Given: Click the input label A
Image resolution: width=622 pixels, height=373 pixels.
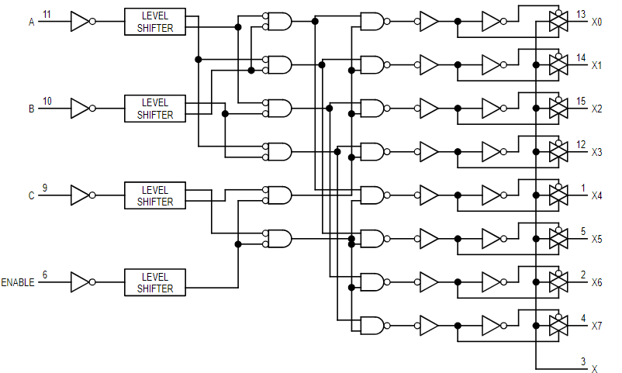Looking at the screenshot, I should pyautogui.click(x=32, y=22).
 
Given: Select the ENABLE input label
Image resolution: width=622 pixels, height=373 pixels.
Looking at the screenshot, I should pyautogui.click(x=17, y=282).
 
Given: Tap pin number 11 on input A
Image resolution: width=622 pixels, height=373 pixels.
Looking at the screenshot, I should pyautogui.click(x=47, y=14).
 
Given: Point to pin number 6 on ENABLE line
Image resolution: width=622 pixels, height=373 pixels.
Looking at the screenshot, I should pyautogui.click(x=44, y=275).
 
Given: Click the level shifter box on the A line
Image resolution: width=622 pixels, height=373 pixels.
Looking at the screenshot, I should pyautogui.click(x=154, y=22).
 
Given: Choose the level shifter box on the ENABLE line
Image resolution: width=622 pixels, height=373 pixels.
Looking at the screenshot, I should pyautogui.click(x=154, y=282).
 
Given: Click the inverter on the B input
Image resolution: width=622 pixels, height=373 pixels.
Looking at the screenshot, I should pyautogui.click(x=81, y=109).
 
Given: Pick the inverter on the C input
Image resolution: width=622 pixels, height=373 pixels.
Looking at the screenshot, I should pyautogui.click(x=81, y=195).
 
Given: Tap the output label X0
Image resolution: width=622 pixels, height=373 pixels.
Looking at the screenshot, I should pyautogui.click(x=596, y=22).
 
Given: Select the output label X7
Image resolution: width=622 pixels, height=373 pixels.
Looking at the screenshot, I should pyautogui.click(x=596, y=326).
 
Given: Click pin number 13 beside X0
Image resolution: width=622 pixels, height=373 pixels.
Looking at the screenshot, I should pyautogui.click(x=582, y=14).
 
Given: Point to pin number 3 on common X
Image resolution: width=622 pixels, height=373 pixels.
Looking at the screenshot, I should pyautogui.click(x=583, y=361).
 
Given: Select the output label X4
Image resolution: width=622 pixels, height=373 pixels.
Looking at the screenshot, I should pyautogui.click(x=596, y=195).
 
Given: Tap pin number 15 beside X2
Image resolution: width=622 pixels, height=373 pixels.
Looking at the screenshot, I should pyautogui.click(x=582, y=101).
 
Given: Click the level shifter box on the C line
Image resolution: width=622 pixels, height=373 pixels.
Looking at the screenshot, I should pyautogui.click(x=154, y=195).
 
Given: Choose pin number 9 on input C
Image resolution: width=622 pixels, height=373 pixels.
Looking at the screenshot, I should pyautogui.click(x=44, y=188).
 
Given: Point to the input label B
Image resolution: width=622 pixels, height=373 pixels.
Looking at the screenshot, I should pyautogui.click(x=32, y=109).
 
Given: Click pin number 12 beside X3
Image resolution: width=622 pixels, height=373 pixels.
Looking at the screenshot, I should pyautogui.click(x=582, y=144).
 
